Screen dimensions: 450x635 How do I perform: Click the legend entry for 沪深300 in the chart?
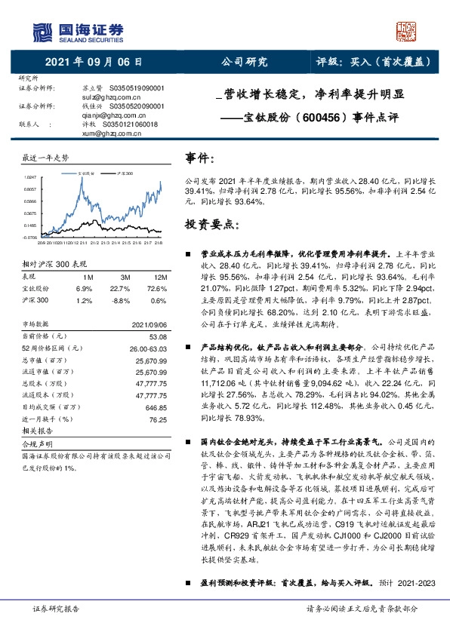[x=125, y=173]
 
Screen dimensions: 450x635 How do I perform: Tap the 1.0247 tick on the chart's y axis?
[x=30, y=176]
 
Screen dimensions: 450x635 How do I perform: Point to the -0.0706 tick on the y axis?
[x=29, y=237]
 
